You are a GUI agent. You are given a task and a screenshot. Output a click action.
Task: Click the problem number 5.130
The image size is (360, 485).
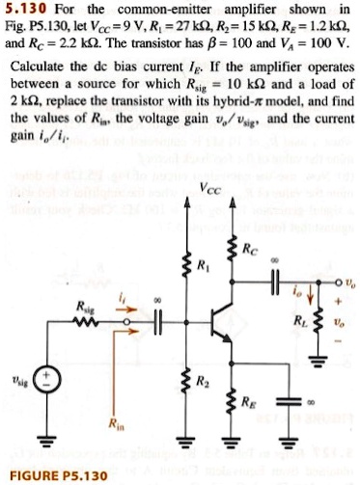point(25,10)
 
